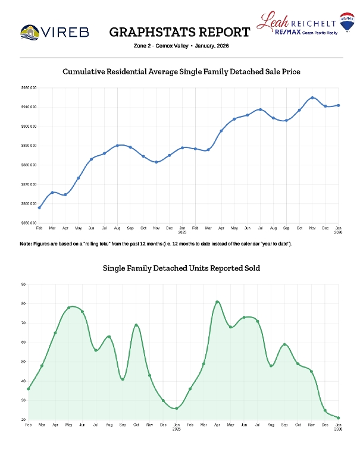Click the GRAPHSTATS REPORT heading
click(180, 32)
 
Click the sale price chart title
click(181, 71)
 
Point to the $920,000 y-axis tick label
click(28, 88)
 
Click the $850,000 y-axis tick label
click(28, 223)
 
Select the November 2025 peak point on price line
click(312, 98)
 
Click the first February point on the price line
click(39, 208)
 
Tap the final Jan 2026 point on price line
click(339, 105)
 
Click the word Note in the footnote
click(26, 244)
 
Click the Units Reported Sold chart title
click(181, 268)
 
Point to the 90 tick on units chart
click(23, 284)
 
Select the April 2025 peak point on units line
click(217, 302)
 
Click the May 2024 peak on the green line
click(69, 307)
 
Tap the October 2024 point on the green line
click(136, 325)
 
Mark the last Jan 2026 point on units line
click(339, 417)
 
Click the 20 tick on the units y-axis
click(23, 420)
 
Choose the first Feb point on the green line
click(28, 389)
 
